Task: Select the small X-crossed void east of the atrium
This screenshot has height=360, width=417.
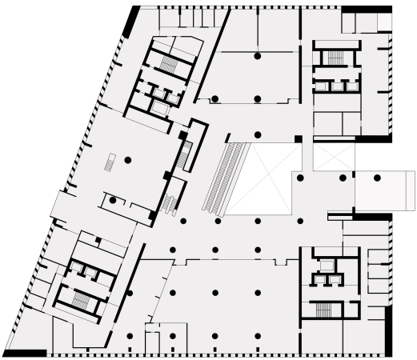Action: (x=333, y=156)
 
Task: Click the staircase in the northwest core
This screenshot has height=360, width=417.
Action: (x=168, y=62)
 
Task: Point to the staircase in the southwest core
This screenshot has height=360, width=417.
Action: (x=82, y=299)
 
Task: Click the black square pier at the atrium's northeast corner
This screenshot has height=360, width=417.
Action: (x=298, y=139)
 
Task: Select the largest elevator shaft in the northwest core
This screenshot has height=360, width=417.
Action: (x=161, y=108)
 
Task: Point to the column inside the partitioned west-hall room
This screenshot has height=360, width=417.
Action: (x=114, y=199)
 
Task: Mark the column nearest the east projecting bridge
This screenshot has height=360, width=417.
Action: (x=343, y=178)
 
